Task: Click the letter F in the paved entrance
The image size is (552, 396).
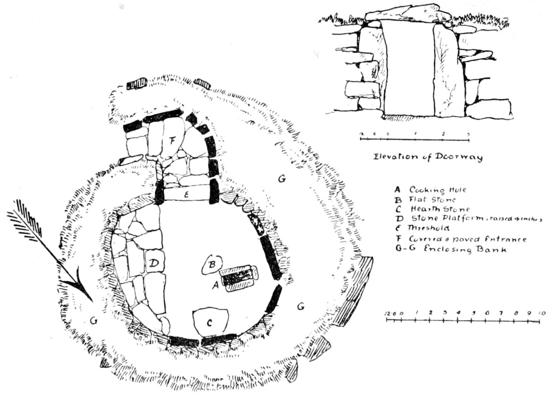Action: [x=172, y=141]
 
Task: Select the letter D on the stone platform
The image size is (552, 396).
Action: [x=155, y=263]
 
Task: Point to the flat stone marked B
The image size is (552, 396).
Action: [x=212, y=265]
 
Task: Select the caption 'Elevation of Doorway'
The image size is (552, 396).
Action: [x=428, y=157]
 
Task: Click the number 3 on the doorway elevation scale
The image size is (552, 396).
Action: [x=468, y=132]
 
